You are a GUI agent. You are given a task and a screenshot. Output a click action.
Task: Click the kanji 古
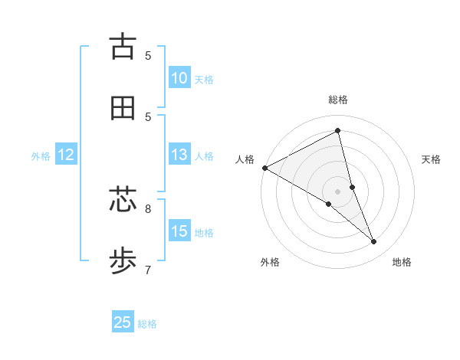123,47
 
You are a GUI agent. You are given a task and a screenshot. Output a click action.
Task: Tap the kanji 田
123,108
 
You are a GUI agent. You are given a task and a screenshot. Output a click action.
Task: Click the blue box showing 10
179,78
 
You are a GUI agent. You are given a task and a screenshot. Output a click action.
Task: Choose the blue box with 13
179,155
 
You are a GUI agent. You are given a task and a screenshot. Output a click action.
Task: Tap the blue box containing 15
179,231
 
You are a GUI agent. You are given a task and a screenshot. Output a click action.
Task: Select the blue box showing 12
66,155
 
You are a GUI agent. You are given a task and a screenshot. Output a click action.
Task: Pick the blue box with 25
123,322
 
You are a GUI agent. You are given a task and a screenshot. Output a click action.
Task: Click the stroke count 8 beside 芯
148,208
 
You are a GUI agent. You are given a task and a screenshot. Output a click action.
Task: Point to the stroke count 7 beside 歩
148,270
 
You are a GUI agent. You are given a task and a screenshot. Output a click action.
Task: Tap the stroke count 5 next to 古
148,55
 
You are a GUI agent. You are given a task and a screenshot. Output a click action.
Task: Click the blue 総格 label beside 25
147,323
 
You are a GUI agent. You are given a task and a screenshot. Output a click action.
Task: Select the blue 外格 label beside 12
41,155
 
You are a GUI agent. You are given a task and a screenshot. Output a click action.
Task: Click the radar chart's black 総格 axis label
338,100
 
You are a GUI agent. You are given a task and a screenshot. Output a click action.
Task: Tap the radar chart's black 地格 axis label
402,262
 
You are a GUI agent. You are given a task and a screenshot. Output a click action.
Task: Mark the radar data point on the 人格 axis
264,168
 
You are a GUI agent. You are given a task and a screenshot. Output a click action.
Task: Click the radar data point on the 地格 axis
374,242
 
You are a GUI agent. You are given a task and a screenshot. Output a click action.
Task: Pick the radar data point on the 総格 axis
338,131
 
